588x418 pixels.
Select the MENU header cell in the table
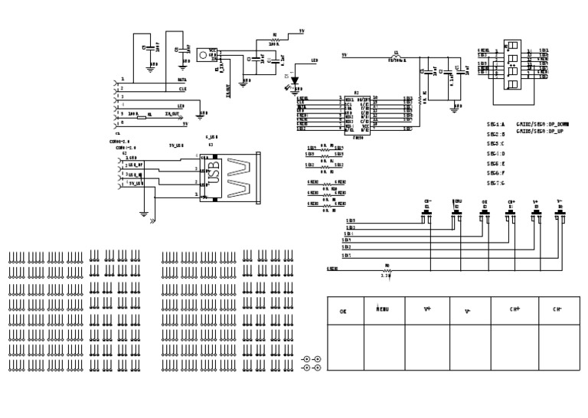pyautogui.click(x=383, y=310)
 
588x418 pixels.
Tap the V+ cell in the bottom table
pyautogui.click(x=427, y=310)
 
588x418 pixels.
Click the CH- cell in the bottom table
pyautogui.click(x=558, y=310)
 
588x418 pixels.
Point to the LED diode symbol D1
pyautogui.click(x=294, y=78)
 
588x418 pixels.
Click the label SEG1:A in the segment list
pyautogui.click(x=496, y=124)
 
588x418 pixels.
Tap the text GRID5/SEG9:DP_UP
pyautogui.click(x=542, y=131)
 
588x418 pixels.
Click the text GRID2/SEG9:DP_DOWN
pyautogui.click(x=542, y=124)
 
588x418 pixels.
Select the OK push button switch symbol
pyautogui.click(x=484, y=215)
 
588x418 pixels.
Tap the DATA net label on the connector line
pyautogui.click(x=181, y=80)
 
